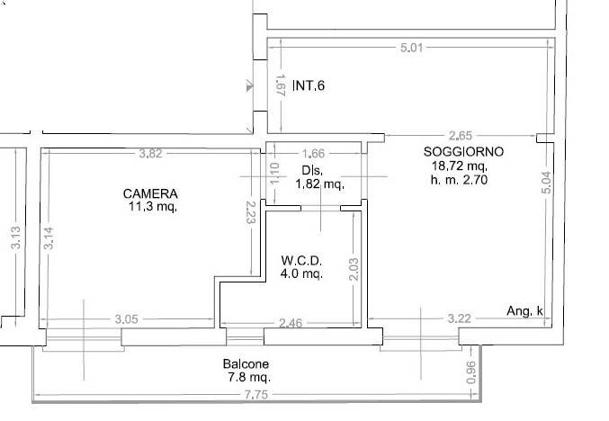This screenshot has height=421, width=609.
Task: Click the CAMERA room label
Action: click(150, 193)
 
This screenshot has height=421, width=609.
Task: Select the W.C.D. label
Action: click(302, 262)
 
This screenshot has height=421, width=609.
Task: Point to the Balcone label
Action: click(246, 364)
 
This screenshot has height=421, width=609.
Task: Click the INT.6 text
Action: click(308, 87)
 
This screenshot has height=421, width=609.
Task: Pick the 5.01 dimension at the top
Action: click(411, 47)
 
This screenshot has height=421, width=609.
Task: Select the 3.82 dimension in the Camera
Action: click(150, 154)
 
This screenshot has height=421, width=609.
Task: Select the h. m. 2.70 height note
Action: click(459, 180)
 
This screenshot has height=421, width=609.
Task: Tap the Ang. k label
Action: click(524, 312)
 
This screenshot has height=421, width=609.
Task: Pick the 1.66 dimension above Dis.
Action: click(314, 154)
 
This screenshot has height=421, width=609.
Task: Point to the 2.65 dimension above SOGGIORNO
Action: click(461, 137)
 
